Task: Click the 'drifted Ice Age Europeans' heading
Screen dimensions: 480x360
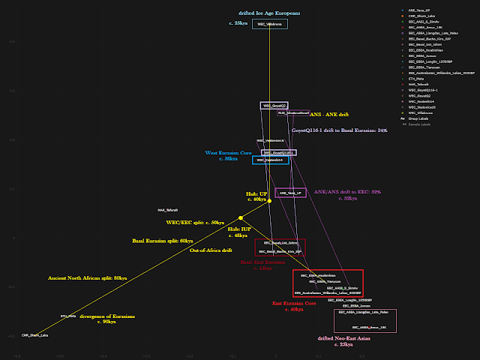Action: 269,13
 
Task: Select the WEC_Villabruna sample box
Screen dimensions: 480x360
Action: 269,25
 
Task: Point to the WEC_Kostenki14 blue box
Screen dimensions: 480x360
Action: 270,160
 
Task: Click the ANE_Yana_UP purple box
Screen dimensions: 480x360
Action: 290,193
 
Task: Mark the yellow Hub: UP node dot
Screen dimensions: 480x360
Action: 270,199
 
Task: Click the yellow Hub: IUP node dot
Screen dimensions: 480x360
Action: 241,218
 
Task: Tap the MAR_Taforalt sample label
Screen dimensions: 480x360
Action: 167,210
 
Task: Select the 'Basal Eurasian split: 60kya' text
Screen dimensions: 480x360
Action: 163,241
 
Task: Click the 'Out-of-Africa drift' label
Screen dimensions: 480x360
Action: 211,250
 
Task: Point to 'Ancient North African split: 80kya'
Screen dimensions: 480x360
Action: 88,277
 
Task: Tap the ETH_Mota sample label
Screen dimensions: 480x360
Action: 68,316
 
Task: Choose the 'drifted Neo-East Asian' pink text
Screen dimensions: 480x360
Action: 346,338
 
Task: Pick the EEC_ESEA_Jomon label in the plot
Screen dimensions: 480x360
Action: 356,306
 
